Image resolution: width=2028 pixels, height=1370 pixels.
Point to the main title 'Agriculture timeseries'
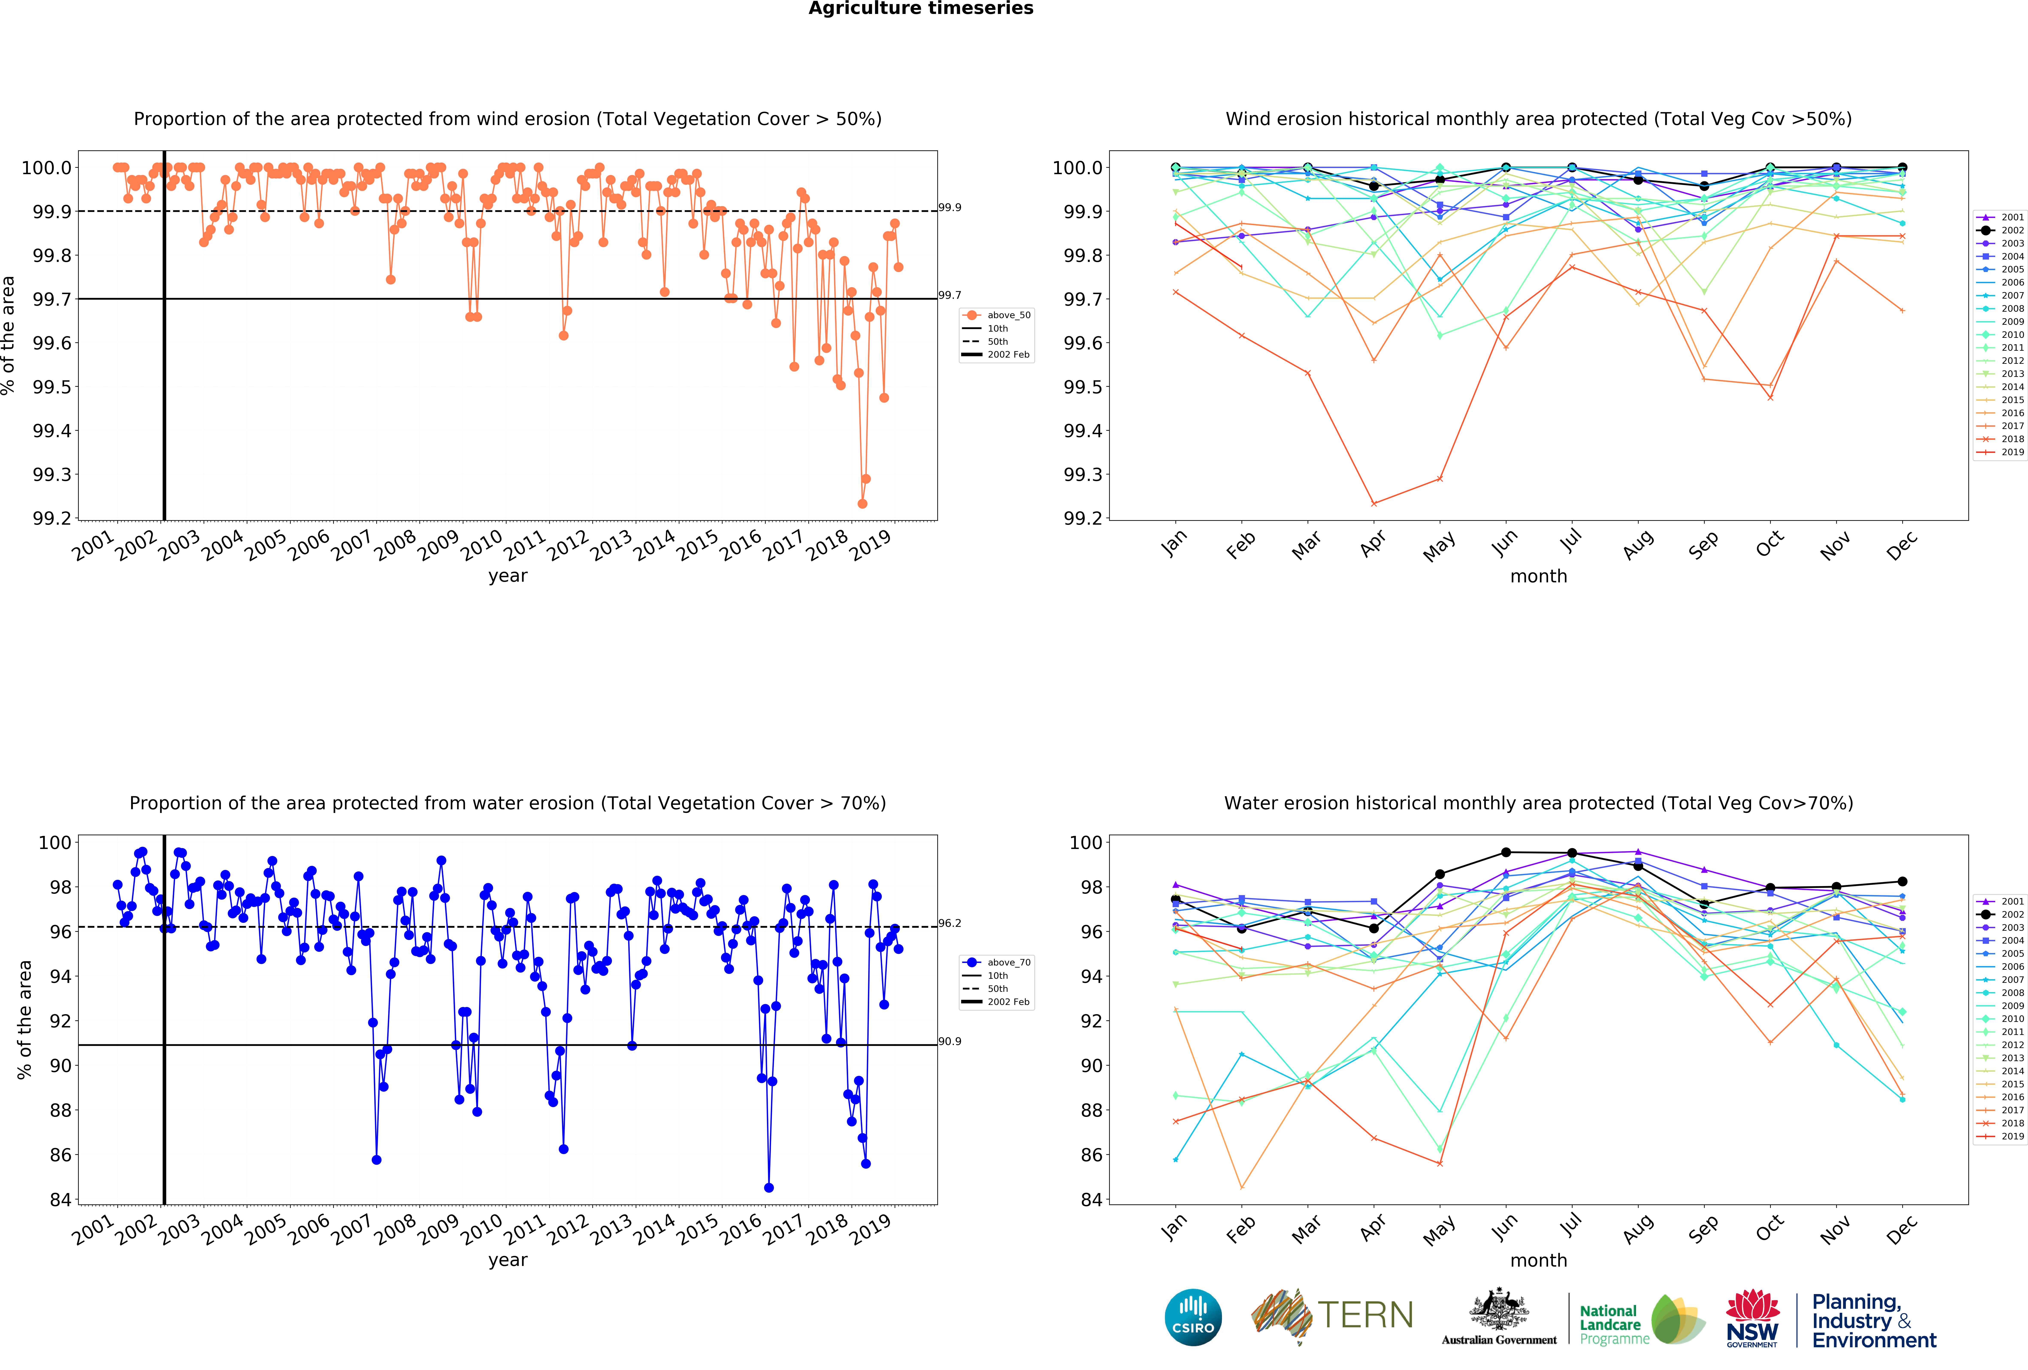click(x=921, y=9)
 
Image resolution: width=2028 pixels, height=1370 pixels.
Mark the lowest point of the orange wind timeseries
click(x=862, y=503)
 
